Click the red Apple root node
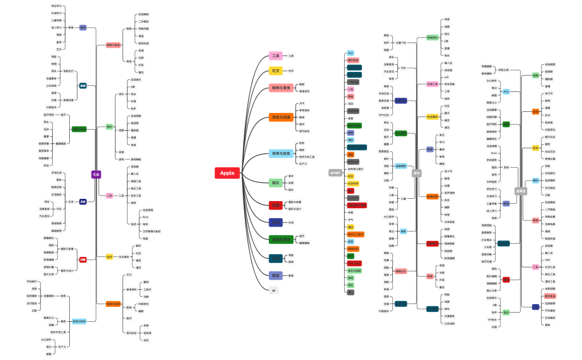click(227, 173)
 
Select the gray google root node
click(335, 173)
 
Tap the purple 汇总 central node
click(96, 174)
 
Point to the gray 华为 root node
click(417, 173)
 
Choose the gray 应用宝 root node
click(520, 191)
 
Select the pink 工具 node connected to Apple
click(276, 55)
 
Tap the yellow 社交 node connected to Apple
click(275, 71)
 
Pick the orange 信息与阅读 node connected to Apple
click(281, 117)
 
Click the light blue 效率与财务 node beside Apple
click(281, 153)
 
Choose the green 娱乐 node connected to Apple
click(275, 183)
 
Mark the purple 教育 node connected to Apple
click(275, 275)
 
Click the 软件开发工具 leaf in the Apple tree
click(307, 157)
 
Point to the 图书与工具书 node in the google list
click(355, 234)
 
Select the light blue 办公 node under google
click(350, 53)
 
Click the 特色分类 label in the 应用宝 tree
click(503, 70)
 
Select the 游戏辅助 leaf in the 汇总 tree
click(137, 159)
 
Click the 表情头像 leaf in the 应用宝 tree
click(550, 158)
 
